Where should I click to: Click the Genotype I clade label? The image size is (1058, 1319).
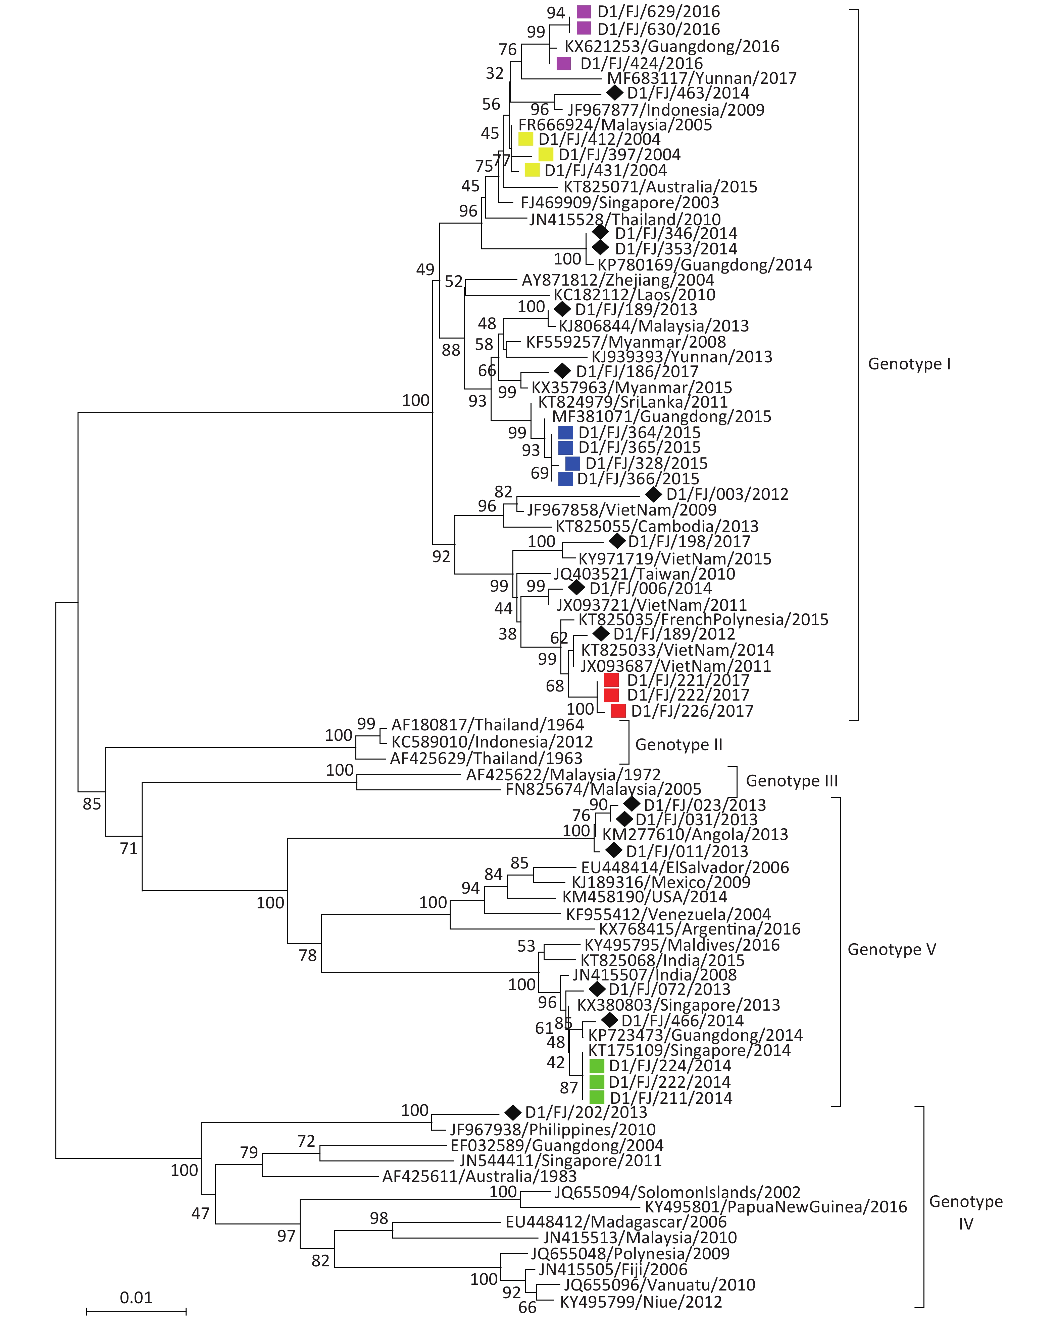tap(909, 364)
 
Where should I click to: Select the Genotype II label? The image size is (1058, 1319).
tap(678, 744)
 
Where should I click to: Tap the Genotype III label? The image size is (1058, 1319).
tap(792, 781)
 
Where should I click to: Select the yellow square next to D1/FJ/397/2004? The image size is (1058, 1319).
tap(546, 155)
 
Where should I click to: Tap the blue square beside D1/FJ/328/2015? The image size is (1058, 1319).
tap(572, 463)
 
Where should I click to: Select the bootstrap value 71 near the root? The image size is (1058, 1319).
tap(129, 848)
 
